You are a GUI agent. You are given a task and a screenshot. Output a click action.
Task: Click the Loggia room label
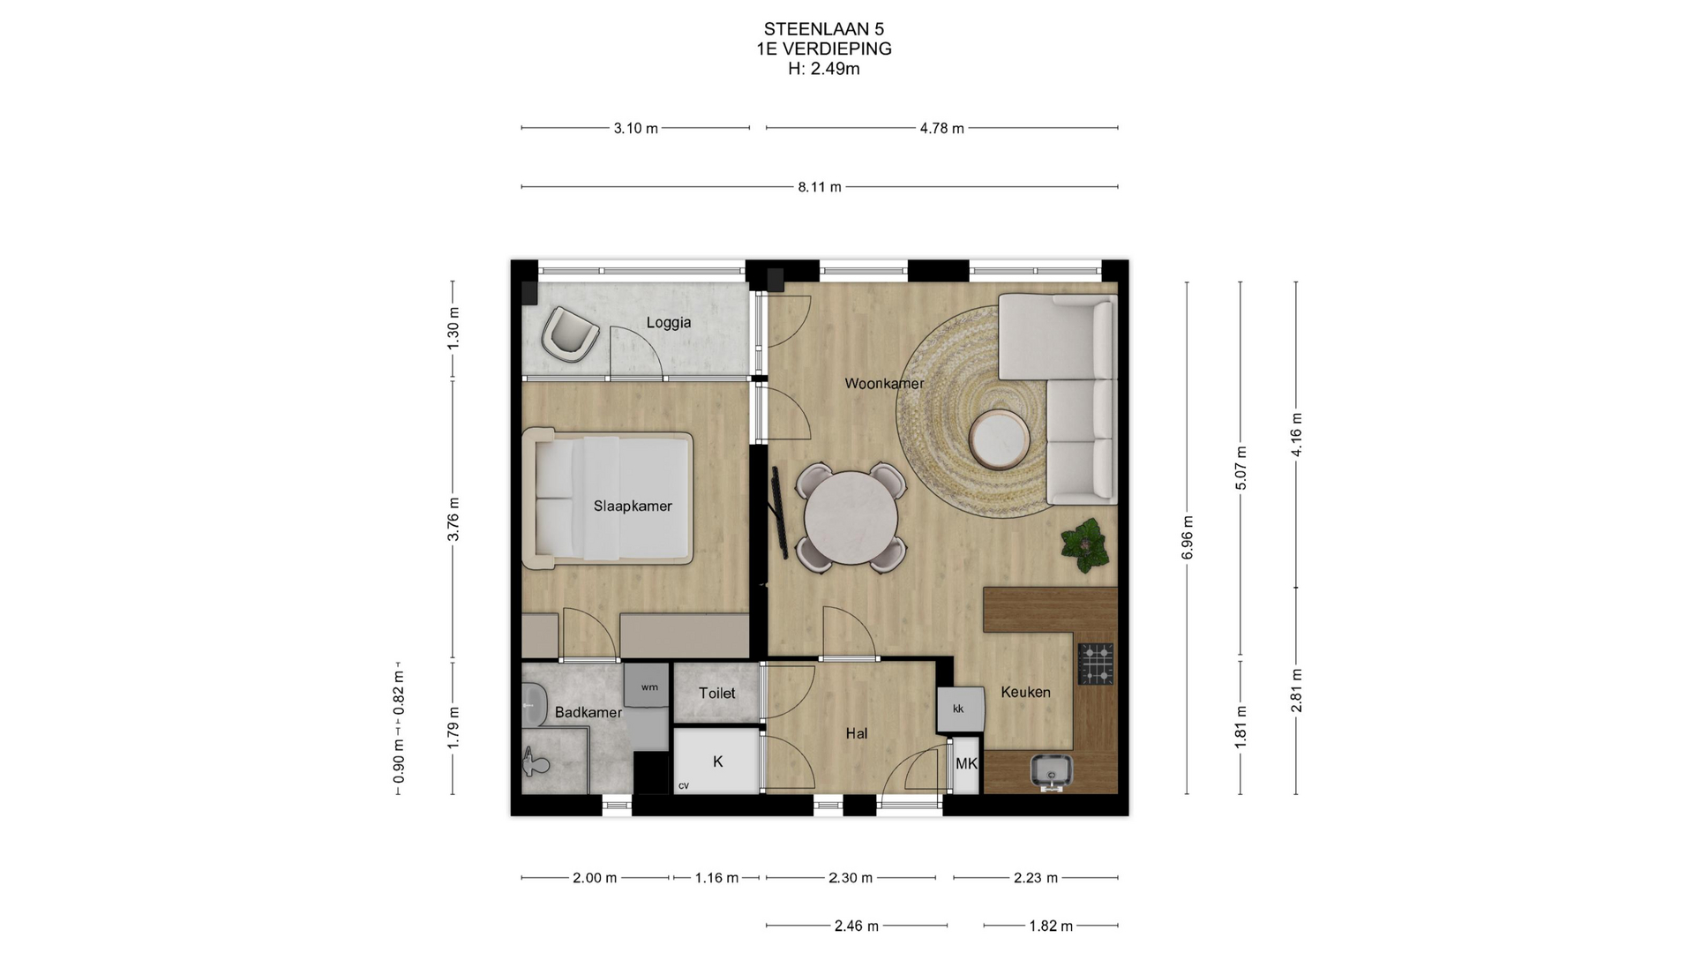(x=668, y=323)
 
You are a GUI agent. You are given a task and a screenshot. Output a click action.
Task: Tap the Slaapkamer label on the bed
(x=633, y=507)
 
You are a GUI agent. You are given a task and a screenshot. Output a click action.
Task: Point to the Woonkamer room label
(x=884, y=384)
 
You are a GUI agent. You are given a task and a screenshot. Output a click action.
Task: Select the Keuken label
(x=1025, y=693)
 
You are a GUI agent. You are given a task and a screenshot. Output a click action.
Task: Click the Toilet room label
(x=716, y=694)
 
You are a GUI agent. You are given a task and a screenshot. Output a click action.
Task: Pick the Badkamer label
(x=588, y=713)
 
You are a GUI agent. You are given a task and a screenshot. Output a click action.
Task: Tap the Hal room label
(x=856, y=733)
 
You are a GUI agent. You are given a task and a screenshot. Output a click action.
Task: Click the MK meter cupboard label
(x=966, y=764)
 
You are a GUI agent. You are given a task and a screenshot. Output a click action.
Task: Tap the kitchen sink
(x=1051, y=771)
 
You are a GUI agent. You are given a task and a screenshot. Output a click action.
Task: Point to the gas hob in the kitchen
(x=1096, y=664)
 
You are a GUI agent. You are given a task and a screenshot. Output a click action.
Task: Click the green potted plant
(x=1085, y=546)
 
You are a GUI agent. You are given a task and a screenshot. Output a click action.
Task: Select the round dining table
(x=851, y=518)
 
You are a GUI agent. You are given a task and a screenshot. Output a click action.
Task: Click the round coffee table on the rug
(x=999, y=439)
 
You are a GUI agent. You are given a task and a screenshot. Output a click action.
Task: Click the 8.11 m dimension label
(x=820, y=187)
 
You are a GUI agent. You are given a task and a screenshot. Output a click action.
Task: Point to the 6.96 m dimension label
(x=1188, y=537)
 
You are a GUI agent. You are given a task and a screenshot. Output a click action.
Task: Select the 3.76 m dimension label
(x=453, y=520)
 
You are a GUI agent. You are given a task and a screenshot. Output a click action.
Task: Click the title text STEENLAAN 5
(x=824, y=29)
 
